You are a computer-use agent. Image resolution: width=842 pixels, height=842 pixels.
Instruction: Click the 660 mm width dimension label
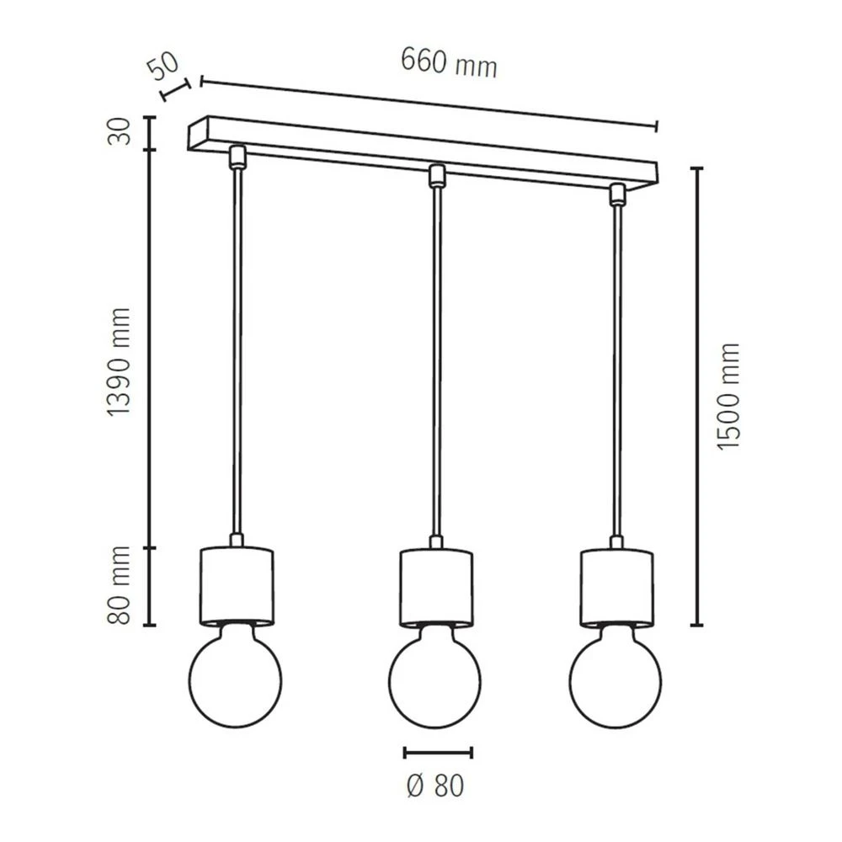[x=448, y=63]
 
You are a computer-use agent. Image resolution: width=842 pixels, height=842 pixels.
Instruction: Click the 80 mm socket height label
[x=120, y=585]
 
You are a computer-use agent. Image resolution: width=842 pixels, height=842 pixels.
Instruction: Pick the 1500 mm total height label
[x=729, y=396]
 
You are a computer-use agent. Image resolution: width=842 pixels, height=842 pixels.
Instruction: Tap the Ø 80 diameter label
[x=435, y=786]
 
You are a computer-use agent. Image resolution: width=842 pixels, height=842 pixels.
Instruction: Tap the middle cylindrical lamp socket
[x=435, y=586]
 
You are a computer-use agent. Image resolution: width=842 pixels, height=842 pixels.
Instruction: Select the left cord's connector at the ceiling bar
[x=237, y=156]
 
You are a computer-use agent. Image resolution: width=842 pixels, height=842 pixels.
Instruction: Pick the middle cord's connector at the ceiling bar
[x=435, y=175]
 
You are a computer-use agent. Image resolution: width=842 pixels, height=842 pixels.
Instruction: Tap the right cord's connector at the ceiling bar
[x=616, y=194]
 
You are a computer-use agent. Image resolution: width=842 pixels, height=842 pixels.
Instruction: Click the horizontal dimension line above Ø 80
[x=438, y=752]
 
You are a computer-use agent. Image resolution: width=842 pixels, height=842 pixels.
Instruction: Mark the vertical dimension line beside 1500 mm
[x=696, y=396]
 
